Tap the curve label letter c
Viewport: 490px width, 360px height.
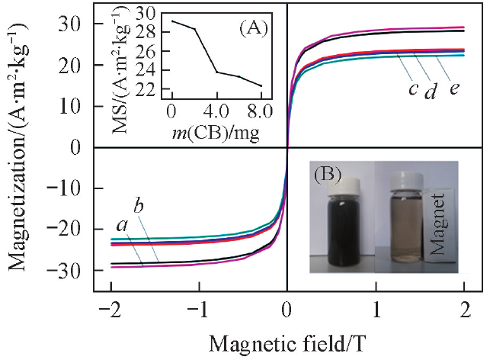pyautogui.click(x=412, y=89)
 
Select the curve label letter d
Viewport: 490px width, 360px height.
pyautogui.click(x=429, y=92)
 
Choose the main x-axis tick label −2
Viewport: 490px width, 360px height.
pyautogui.click(x=107, y=310)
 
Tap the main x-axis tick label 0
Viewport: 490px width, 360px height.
pyautogui.click(x=287, y=310)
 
